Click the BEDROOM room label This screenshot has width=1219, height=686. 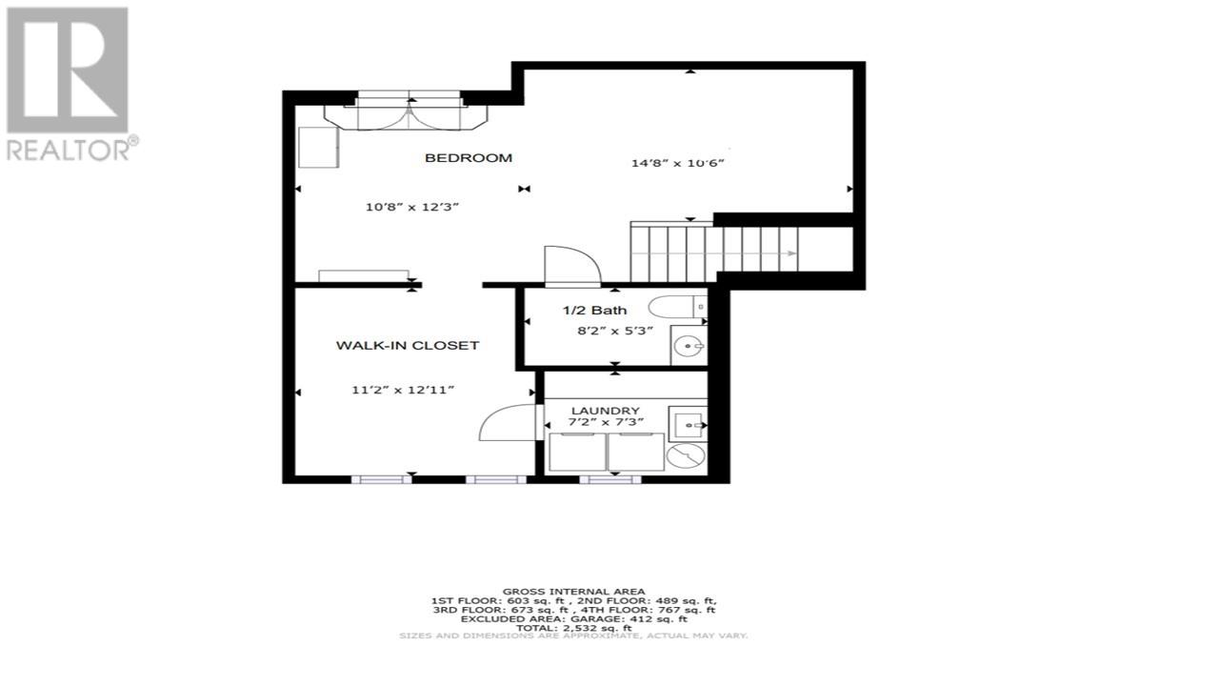point(469,158)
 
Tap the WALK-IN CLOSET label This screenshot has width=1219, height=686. point(408,345)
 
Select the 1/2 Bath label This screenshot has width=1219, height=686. point(595,311)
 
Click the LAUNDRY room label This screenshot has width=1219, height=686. point(605,411)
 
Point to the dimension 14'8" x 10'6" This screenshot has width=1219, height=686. point(677,163)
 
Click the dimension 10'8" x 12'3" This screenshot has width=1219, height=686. point(412,207)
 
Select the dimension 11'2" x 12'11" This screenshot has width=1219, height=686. point(403,390)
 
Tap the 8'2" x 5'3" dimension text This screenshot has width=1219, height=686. point(615,331)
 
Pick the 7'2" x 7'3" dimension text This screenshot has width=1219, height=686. point(606,422)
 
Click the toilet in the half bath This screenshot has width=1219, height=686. point(677,307)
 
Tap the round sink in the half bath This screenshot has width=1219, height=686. point(689,346)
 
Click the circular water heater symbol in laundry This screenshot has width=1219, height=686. point(687,455)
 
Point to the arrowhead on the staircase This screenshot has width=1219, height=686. point(789,253)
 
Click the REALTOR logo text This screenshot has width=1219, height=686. point(68,150)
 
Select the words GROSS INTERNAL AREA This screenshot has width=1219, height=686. point(573,592)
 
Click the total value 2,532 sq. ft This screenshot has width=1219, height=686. point(597,628)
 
